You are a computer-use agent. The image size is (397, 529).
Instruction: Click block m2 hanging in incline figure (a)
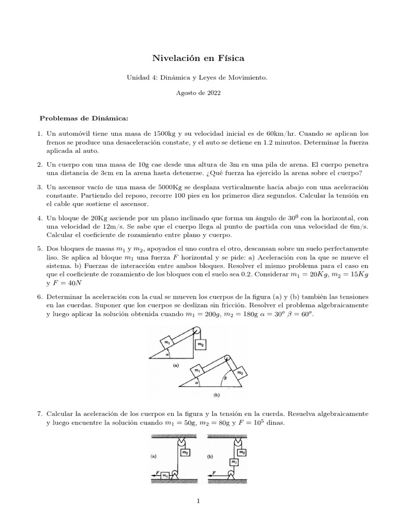pos(198,343)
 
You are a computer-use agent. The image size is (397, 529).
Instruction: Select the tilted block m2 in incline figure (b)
pos(239,372)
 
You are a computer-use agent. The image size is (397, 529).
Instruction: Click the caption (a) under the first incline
pos(176,364)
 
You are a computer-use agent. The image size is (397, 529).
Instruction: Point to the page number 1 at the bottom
pos(198,500)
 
